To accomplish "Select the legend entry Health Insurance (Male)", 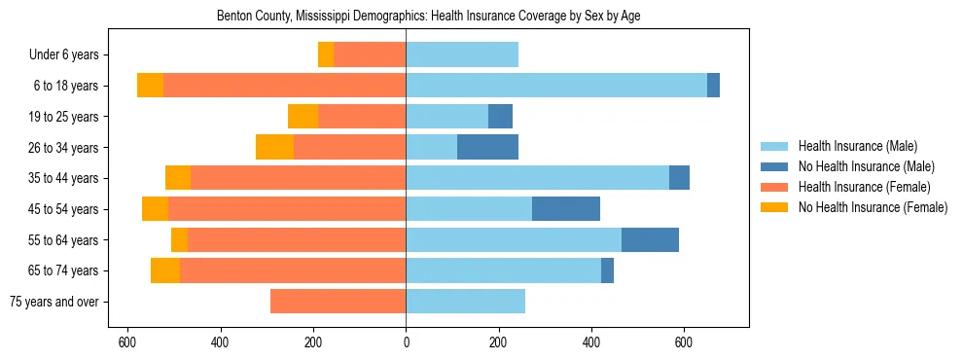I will tap(857, 146).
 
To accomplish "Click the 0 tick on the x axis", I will tap(406, 342).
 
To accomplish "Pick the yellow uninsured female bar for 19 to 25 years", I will tap(303, 117).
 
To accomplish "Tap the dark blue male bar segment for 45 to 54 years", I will tap(566, 209).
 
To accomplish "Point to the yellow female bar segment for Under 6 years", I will tap(326, 54).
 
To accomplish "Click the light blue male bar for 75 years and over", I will tap(465, 302).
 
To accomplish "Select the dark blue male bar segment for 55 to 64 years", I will tap(650, 240).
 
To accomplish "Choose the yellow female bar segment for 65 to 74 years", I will tap(165, 270).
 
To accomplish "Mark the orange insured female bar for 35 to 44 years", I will tap(298, 178).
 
